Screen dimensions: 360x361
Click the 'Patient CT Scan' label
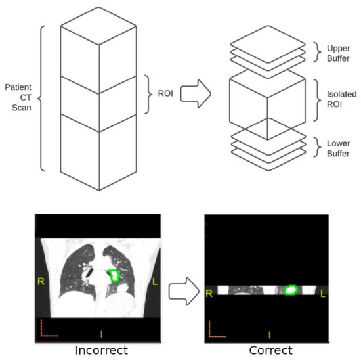(x=18, y=98)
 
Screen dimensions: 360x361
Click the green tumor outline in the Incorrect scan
(x=114, y=275)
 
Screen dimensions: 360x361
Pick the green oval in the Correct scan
(x=290, y=289)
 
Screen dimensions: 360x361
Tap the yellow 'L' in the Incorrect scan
(x=156, y=282)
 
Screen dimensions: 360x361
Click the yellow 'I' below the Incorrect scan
(x=101, y=333)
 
